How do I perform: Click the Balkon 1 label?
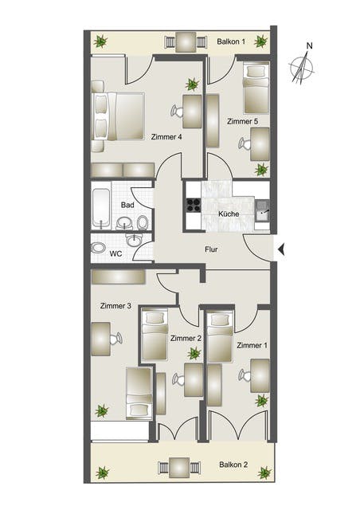tap(231, 41)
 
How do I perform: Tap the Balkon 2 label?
tap(233, 465)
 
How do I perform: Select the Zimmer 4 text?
tap(166, 137)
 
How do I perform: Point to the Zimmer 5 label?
tap(243, 121)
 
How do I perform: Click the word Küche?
tap(229, 214)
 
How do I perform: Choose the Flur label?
tap(211, 249)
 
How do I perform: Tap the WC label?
tap(115, 253)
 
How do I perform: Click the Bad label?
tap(127, 206)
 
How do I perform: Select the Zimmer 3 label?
tap(115, 306)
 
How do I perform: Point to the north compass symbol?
tap(302, 65)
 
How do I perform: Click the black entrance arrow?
tap(281, 249)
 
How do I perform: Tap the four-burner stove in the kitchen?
tap(194, 206)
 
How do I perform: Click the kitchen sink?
tap(262, 210)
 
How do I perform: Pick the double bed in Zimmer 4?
tap(119, 116)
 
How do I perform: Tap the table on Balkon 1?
tap(186, 42)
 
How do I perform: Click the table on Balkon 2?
tap(179, 468)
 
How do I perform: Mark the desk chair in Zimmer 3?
tap(115, 339)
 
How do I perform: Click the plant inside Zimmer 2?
tap(194, 353)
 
